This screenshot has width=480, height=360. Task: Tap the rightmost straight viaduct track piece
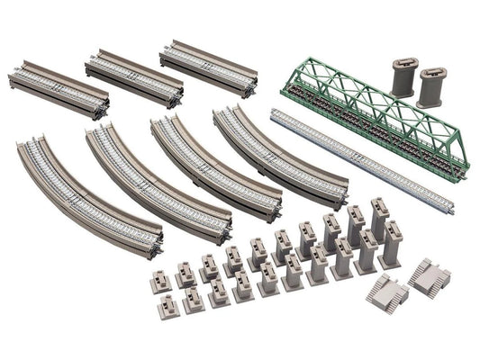click(208, 66)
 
